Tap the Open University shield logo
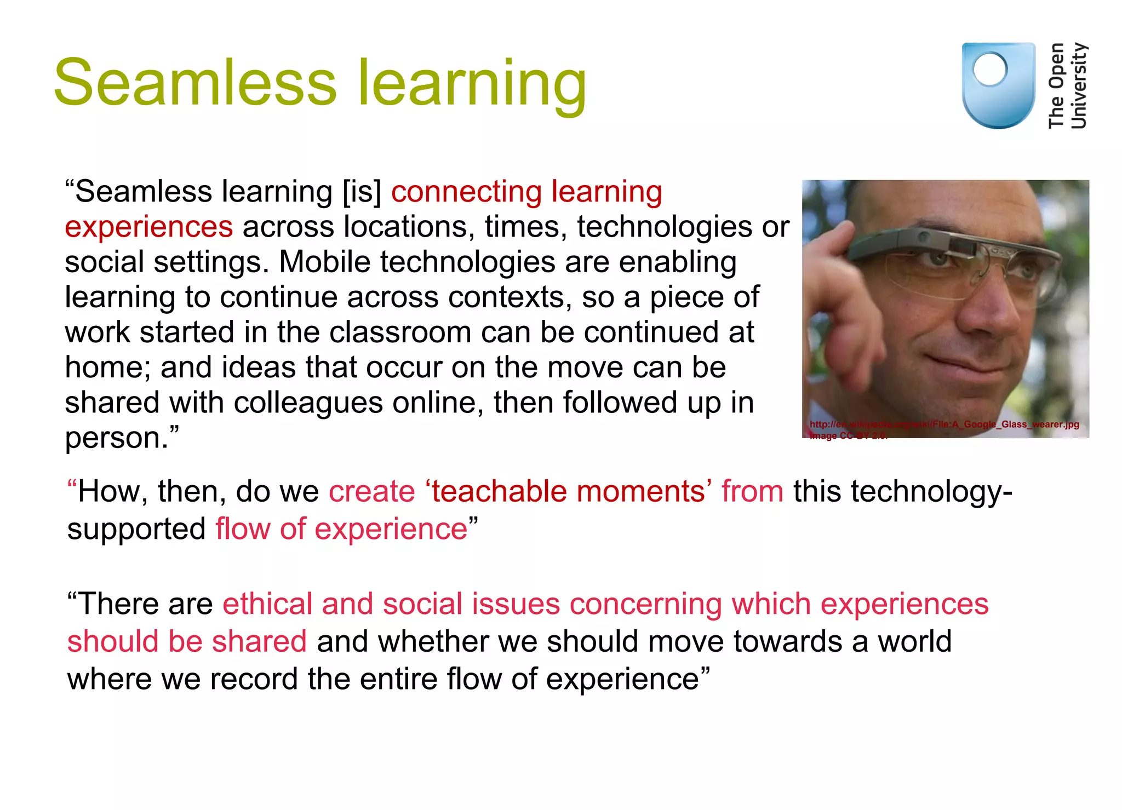pos(998,85)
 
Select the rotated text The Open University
pos(1067,85)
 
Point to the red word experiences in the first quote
pos(148,227)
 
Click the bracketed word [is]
pos(362,192)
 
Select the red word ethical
pos(267,604)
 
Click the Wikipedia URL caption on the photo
pos(944,424)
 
